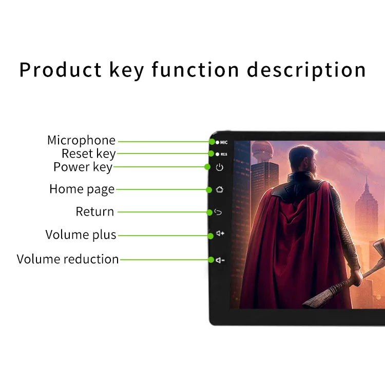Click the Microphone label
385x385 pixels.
click(x=81, y=141)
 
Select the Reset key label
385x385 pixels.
click(x=88, y=154)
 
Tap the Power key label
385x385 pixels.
click(x=83, y=167)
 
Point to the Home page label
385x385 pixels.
click(x=82, y=189)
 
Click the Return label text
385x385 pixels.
click(x=95, y=211)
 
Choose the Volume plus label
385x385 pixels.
click(x=81, y=235)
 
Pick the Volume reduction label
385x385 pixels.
click(x=68, y=260)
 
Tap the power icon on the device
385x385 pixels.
click(x=220, y=167)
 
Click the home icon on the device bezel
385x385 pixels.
click(x=220, y=189)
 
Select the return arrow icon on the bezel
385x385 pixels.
click(x=219, y=212)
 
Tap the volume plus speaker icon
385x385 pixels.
click(x=220, y=234)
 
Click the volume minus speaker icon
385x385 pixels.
click(x=220, y=260)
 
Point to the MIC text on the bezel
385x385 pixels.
click(x=224, y=142)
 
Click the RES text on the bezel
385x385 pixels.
click(x=224, y=154)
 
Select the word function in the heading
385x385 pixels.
click(x=196, y=70)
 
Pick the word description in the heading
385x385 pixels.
click(x=306, y=70)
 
